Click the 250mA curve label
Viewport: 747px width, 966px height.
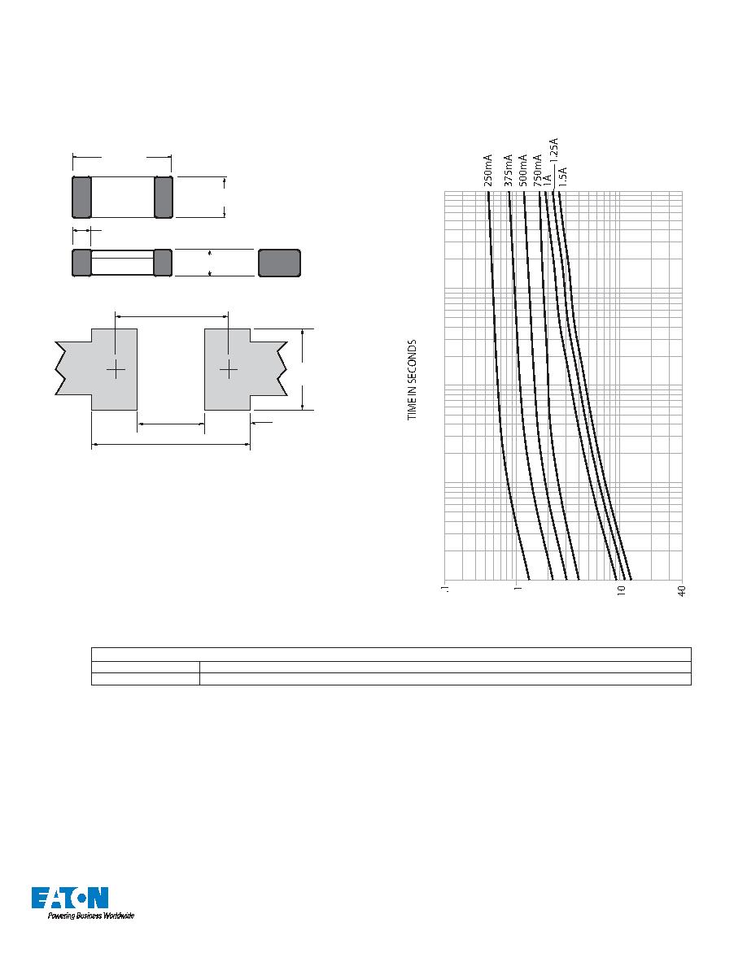[487, 170]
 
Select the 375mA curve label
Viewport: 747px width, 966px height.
[509, 170]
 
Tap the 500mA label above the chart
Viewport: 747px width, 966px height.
[523, 170]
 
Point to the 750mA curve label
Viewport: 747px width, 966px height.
[538, 170]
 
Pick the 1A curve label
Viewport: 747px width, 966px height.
[547, 181]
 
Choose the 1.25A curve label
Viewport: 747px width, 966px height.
[553, 150]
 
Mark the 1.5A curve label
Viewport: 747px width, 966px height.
[562, 176]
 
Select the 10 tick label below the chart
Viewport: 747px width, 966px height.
[621, 590]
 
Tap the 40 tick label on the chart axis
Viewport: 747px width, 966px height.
[682, 590]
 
